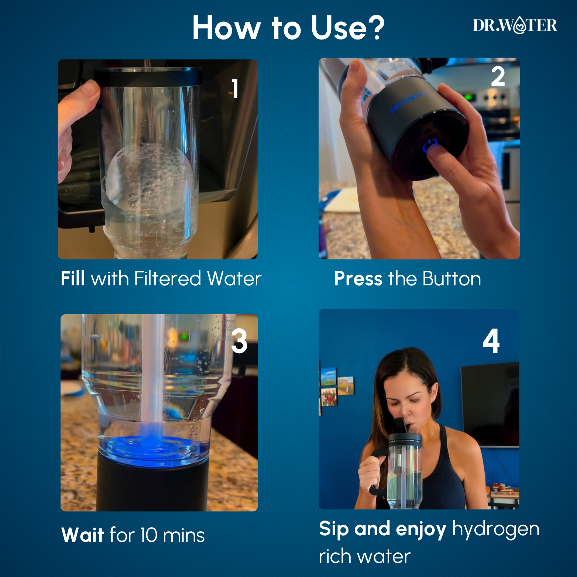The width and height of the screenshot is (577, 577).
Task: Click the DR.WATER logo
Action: click(515, 25)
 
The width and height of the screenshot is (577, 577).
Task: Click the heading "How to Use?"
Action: click(288, 28)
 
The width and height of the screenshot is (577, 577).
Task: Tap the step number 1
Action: click(235, 88)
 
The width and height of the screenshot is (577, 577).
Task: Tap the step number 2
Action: click(498, 76)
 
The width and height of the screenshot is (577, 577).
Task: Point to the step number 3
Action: click(239, 341)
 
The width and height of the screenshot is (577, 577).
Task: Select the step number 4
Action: click(491, 341)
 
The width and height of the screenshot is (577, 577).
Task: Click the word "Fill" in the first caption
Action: click(73, 278)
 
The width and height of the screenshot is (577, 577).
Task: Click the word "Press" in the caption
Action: click(358, 278)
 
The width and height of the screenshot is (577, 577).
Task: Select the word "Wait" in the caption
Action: click(83, 535)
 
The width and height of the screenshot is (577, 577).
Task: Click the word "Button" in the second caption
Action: click(451, 279)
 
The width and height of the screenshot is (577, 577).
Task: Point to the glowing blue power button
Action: click(430, 145)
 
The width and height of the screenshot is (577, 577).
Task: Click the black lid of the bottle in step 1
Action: click(148, 77)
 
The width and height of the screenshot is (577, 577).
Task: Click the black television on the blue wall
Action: click(490, 404)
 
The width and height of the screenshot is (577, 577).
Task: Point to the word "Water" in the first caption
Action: click(234, 278)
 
